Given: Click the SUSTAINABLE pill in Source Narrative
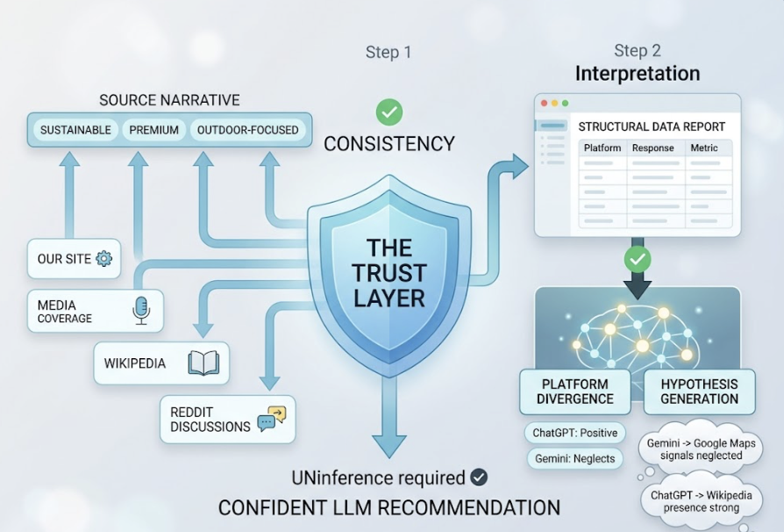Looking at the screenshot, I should coord(75,130).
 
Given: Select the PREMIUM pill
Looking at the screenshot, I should coord(153,130).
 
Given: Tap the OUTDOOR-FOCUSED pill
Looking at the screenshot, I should coord(247,130).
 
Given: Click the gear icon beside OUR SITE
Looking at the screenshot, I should coord(103,258).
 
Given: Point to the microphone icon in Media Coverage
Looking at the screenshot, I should coord(141,310).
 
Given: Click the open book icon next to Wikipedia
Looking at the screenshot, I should coord(203,363).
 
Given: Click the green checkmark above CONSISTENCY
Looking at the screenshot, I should coord(389,112).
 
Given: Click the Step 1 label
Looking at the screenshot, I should coord(388,53).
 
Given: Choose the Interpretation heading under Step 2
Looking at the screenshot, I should coord(638,74).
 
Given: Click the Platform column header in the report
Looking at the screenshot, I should coord(602,148).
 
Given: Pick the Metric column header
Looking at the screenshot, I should coord(704,148).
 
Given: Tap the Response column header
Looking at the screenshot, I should coord(653,148).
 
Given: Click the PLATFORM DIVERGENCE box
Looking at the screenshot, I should coord(576,392).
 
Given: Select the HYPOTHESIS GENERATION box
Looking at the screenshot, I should coord(699,392).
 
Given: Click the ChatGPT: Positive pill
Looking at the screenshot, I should coord(575,433).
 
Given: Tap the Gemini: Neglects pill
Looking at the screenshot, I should coord(575,458).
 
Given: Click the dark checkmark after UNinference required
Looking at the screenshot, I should coord(479,477).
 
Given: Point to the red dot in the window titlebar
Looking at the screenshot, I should coord(544,103).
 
